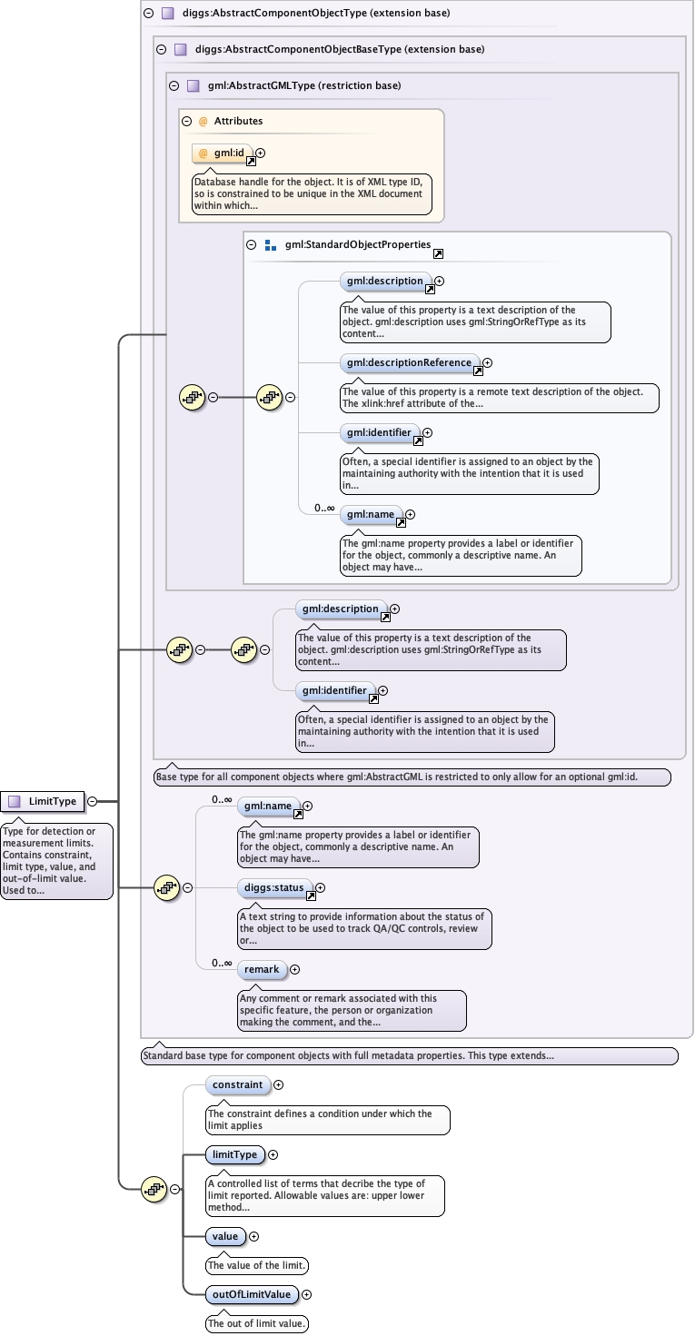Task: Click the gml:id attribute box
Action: [222, 153]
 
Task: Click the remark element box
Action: [262, 969]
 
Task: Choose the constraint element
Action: [237, 1084]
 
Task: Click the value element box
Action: [224, 1236]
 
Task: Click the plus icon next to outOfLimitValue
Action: [306, 1294]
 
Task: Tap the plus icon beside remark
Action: [294, 970]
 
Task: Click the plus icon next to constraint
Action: [279, 1084]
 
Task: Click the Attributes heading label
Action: [238, 121]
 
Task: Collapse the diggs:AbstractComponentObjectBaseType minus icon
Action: [161, 50]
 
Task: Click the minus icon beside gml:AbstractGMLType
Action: [174, 86]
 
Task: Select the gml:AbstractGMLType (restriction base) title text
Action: [304, 86]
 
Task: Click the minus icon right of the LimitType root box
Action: [93, 801]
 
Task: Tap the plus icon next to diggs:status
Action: [320, 887]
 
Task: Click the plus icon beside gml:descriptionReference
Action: [488, 362]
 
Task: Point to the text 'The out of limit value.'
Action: [257, 1324]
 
